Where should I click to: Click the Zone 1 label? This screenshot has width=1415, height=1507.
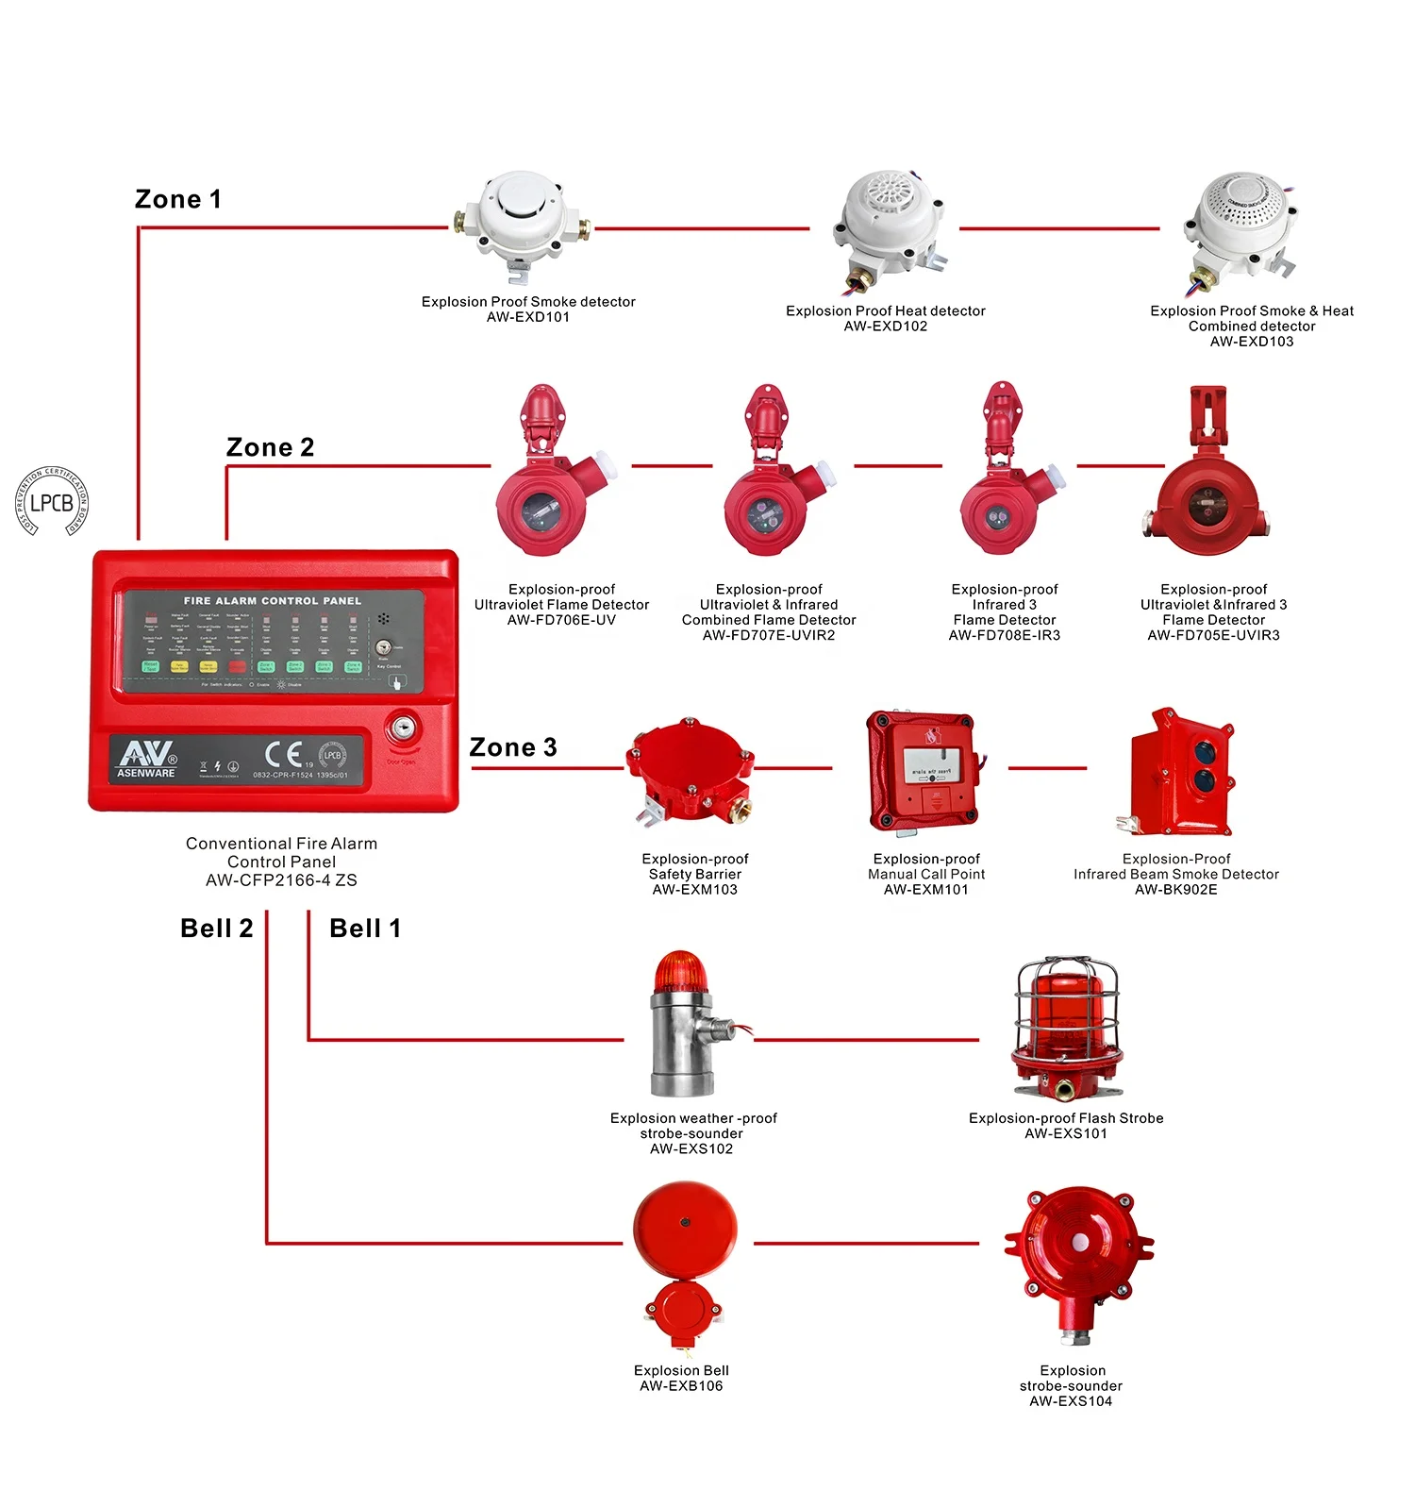click(x=177, y=199)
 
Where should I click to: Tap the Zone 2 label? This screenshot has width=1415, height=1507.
click(x=270, y=447)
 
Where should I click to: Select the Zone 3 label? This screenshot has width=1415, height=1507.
click(x=513, y=747)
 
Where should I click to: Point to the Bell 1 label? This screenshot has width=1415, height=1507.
click(x=365, y=929)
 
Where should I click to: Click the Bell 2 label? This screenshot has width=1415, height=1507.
click(x=217, y=929)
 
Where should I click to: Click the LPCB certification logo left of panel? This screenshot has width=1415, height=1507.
click(x=52, y=502)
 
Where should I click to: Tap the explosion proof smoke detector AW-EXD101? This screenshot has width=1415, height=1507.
click(x=521, y=224)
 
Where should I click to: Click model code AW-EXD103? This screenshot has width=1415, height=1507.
click(x=1252, y=342)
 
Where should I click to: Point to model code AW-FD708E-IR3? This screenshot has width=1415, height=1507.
click(x=1005, y=635)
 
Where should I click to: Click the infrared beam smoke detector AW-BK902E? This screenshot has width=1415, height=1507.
click(x=1179, y=771)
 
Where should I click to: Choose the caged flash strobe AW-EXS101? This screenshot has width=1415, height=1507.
click(x=1066, y=1029)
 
